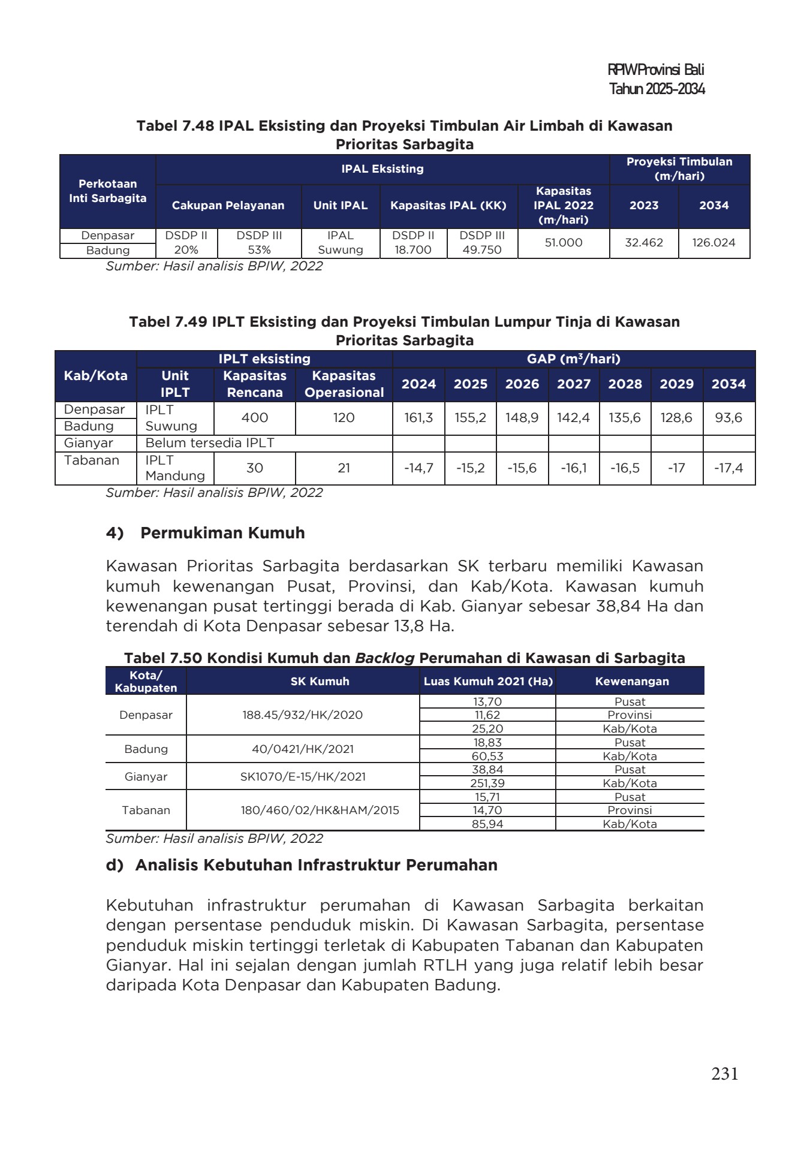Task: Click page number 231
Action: (724, 1074)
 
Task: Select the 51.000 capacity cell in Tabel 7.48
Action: (563, 243)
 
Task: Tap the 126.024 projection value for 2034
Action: (713, 243)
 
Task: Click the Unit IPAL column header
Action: (340, 206)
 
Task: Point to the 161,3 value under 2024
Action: (418, 418)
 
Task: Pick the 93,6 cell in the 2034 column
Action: (728, 418)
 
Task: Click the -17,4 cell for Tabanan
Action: (728, 468)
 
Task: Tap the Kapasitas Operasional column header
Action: (344, 384)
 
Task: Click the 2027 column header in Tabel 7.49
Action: (573, 384)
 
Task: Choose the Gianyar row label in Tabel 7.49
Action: (89, 444)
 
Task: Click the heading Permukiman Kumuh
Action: (222, 533)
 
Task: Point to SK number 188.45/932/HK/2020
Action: (302, 715)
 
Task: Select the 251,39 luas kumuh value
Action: (487, 784)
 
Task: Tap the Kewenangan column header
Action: (631, 682)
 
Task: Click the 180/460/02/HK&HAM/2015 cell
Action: (320, 810)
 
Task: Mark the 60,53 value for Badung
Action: (487, 757)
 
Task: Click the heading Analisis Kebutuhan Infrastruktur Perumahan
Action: (316, 866)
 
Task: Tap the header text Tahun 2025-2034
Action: (657, 89)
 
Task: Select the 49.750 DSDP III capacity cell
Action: (482, 250)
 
